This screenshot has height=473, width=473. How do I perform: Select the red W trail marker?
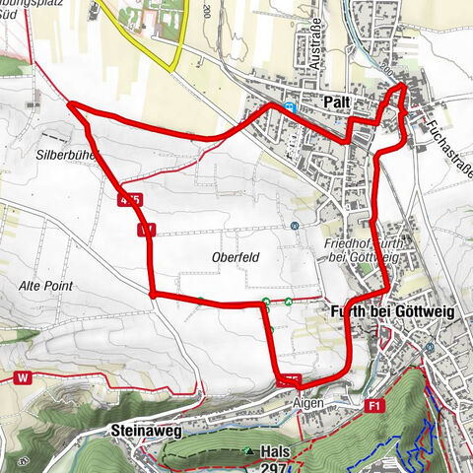21,377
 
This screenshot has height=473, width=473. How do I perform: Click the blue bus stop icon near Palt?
288,105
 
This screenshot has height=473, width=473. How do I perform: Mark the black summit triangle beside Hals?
250,451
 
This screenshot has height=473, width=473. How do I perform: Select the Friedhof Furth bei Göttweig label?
362,249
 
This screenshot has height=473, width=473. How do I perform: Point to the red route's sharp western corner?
69,102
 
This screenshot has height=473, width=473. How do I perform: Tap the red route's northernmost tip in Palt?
402,87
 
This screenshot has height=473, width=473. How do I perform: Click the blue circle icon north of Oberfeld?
295,225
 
